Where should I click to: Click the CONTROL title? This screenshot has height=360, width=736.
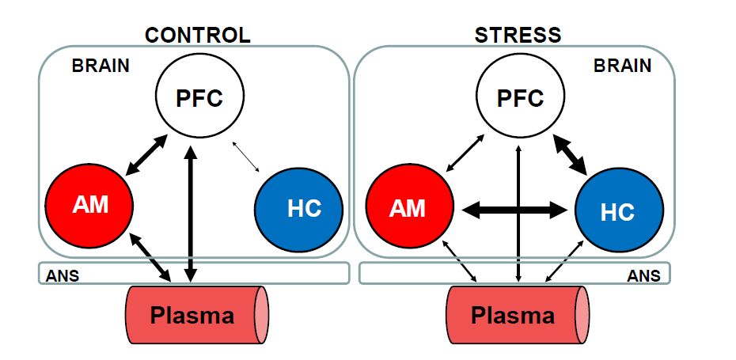[x=197, y=35]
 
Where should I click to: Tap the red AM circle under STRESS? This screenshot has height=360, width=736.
[x=408, y=208]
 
